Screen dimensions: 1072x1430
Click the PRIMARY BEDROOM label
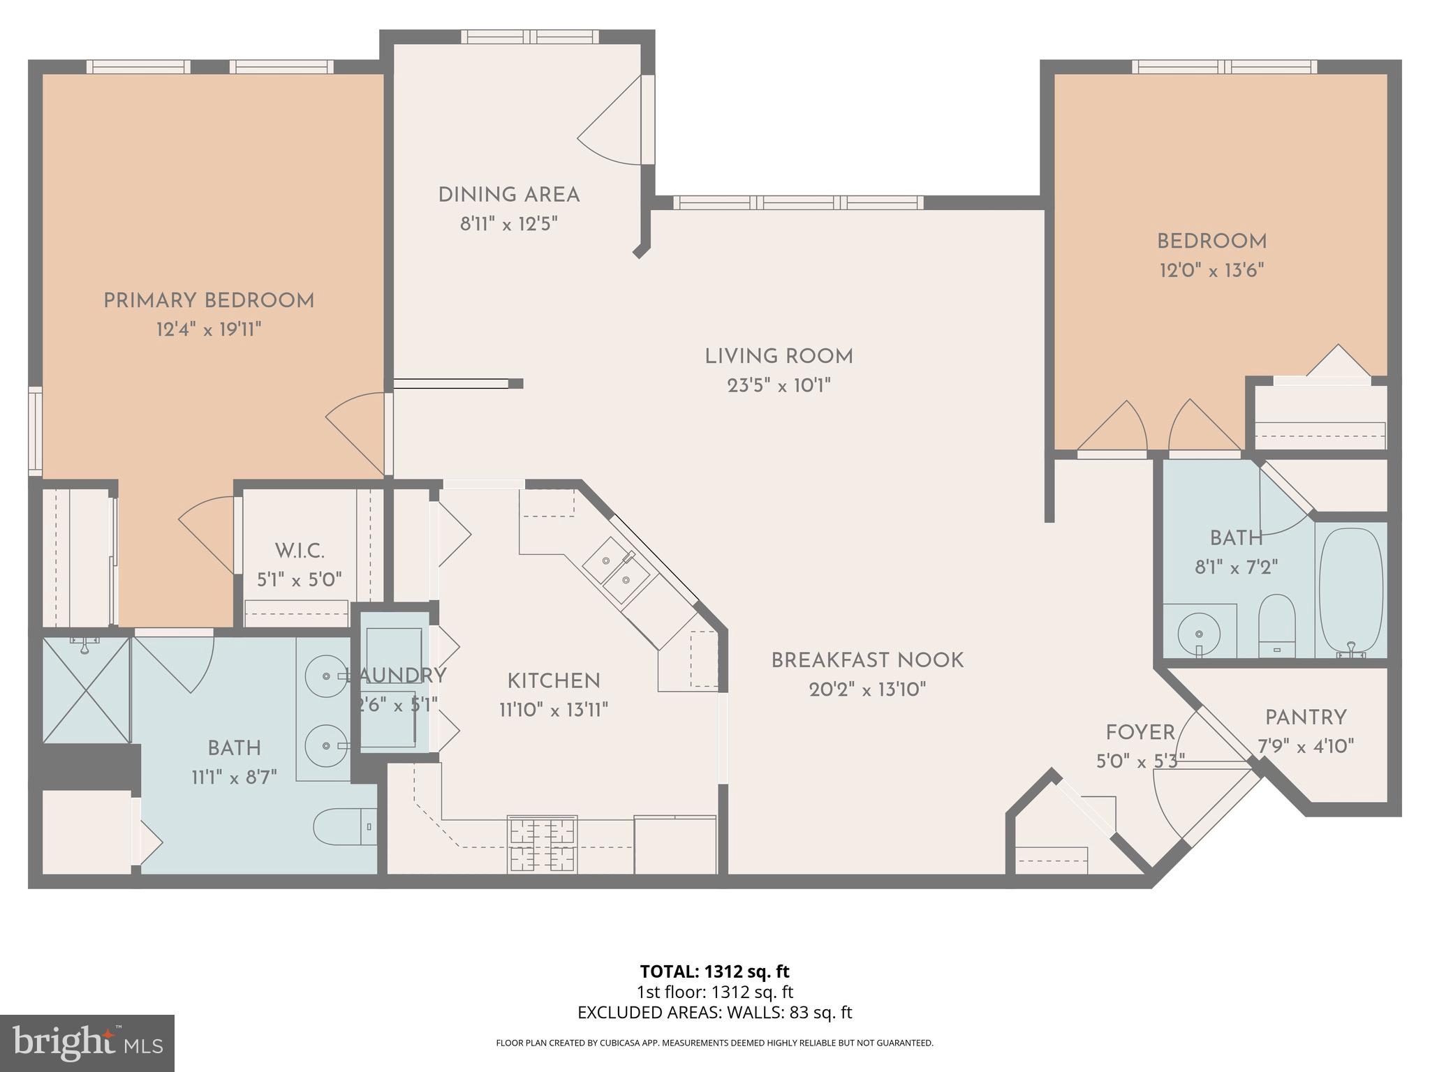[209, 301]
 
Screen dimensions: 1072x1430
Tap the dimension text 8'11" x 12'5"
[508, 224]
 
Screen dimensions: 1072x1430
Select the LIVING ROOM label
[779, 357]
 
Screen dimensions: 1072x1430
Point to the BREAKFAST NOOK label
[867, 660]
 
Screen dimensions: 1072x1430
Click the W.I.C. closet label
[300, 551]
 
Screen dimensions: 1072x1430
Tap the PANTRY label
[1306, 717]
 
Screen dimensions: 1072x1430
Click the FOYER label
[1140, 732]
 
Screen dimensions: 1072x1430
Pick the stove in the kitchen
[542, 844]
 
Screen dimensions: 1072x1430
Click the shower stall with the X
[87, 690]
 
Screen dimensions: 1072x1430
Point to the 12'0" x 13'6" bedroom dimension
[1211, 270]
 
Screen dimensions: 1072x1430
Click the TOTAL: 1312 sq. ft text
[714, 971]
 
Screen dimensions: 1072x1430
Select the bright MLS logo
[87, 1043]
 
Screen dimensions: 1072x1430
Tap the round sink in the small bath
[1198, 634]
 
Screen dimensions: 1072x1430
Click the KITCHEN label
[553, 681]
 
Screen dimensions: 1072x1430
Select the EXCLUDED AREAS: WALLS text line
[714, 1013]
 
